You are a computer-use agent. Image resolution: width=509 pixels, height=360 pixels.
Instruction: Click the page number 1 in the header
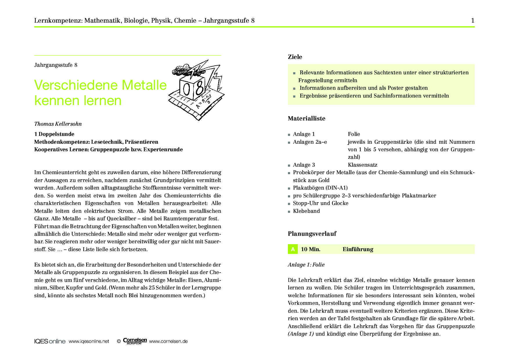[473, 20]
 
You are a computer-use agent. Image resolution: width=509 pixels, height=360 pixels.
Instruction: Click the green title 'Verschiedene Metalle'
[100, 85]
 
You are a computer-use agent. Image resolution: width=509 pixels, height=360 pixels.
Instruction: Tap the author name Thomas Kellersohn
[58, 124]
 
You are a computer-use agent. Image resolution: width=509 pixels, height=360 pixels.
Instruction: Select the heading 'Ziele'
[295, 57]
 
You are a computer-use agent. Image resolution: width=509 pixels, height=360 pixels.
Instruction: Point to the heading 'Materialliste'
[306, 118]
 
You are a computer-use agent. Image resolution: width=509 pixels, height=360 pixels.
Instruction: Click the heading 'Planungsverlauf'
[312, 234]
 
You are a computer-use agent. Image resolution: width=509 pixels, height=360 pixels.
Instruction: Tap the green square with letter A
[293, 249]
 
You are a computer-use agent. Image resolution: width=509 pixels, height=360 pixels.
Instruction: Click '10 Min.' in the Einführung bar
[311, 249]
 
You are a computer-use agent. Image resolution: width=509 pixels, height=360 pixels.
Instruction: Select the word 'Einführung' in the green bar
[358, 249]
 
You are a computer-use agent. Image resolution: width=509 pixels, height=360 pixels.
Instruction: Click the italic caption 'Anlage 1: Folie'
[306, 265]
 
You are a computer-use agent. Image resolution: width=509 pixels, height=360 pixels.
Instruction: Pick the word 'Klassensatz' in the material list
[362, 165]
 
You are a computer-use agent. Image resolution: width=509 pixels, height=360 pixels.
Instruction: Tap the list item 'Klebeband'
[306, 211]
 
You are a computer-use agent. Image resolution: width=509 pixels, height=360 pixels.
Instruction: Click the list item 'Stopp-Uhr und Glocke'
[321, 203]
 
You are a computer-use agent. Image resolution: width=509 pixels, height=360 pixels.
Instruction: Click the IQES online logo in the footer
[50, 341]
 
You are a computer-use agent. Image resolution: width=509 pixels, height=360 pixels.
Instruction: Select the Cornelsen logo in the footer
[135, 341]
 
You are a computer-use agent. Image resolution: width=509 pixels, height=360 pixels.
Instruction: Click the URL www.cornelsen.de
[168, 341]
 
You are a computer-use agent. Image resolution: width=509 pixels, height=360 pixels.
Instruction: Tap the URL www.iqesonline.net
[89, 341]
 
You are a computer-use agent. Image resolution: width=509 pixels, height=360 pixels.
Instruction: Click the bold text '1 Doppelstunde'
[54, 134]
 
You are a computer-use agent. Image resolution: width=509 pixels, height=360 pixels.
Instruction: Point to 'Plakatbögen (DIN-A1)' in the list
[320, 188]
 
